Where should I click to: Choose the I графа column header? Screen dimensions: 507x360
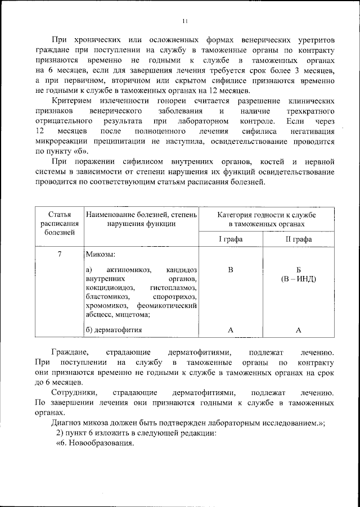231,239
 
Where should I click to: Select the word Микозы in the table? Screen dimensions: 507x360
101,254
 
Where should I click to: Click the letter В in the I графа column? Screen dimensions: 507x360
230,270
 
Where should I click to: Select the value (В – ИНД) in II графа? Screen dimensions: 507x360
299,279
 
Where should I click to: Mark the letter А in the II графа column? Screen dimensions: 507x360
299,330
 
